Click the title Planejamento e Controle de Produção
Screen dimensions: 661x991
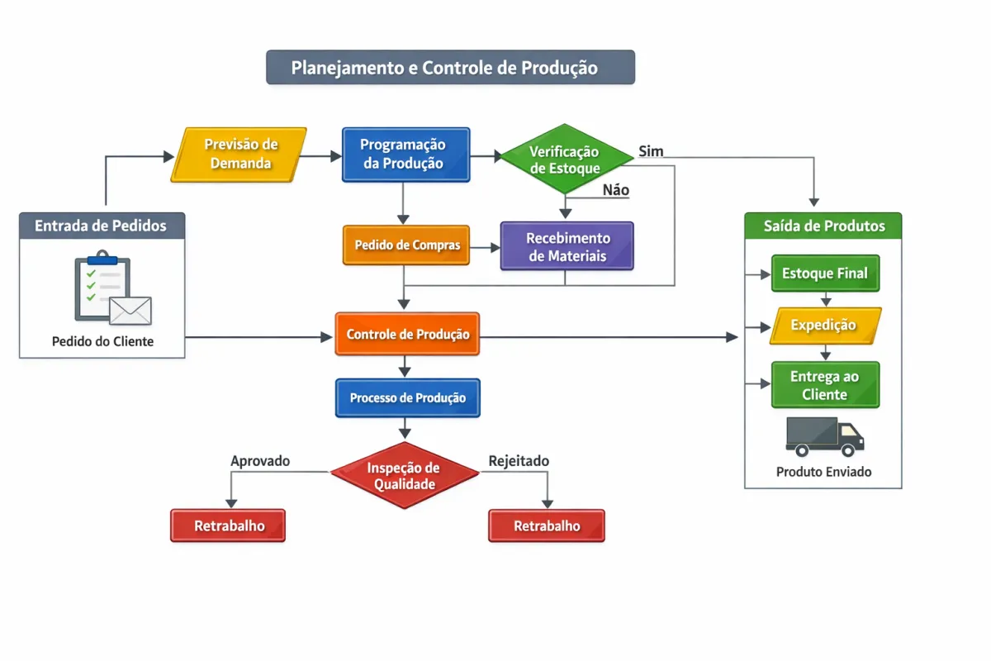tap(450, 67)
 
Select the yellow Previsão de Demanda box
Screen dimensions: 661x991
tap(239, 155)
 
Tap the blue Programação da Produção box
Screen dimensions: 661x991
tap(405, 155)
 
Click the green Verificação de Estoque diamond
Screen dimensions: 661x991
tap(565, 159)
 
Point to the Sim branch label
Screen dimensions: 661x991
tap(651, 151)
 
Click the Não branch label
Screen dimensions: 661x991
tap(615, 190)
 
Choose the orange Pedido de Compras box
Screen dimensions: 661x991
tap(405, 245)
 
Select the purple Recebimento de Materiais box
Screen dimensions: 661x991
tap(567, 246)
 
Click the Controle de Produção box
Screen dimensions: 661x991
tap(407, 335)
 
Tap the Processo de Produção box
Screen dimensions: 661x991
tap(407, 398)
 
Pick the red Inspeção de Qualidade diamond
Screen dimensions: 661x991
tap(405, 475)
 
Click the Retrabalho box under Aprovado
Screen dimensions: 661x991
tap(228, 525)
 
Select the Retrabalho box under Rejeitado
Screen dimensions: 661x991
tap(547, 525)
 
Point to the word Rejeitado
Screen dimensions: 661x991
tap(519, 461)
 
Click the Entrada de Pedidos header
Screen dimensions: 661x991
tap(102, 226)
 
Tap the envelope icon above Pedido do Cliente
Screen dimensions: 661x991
tap(130, 311)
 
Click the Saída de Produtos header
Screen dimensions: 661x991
tap(823, 226)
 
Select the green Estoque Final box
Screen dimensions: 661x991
tap(825, 273)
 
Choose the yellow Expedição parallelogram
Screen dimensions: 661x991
tap(825, 326)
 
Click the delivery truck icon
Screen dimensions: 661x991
tap(824, 436)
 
